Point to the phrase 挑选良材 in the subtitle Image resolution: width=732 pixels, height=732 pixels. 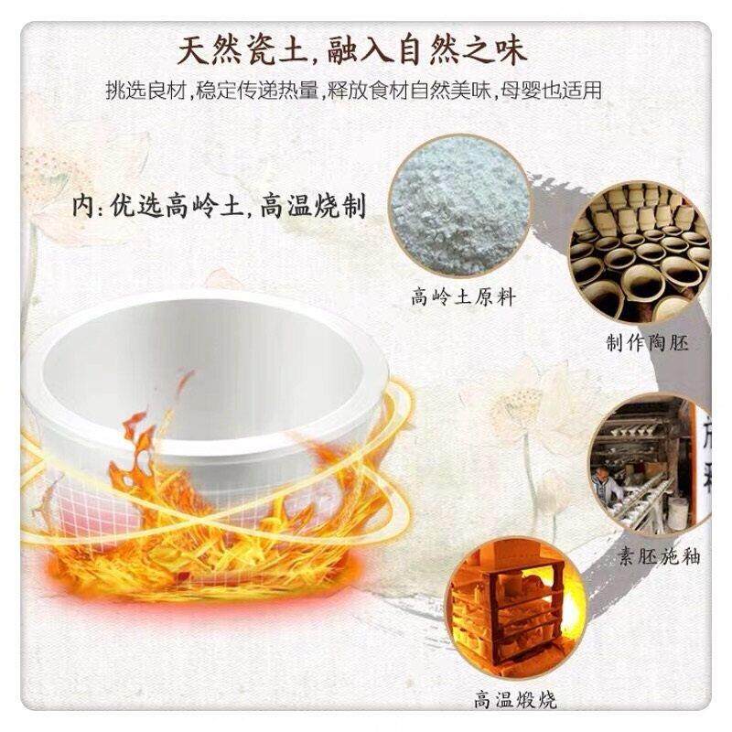pyautogui.click(x=138, y=91)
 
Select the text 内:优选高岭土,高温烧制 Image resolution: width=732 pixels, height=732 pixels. pyautogui.click(x=220, y=205)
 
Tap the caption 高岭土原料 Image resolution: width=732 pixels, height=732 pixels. pyautogui.click(x=457, y=296)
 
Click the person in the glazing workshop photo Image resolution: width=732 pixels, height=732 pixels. pyautogui.click(x=603, y=485)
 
